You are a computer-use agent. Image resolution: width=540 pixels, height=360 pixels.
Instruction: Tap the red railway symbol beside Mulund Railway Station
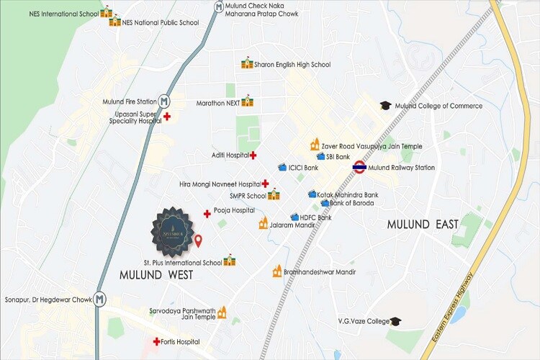(x=358, y=168)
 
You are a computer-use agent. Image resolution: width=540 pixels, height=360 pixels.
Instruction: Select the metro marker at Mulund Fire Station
(x=164, y=102)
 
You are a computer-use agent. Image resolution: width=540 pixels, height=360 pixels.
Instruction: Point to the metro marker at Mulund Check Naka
(x=219, y=7)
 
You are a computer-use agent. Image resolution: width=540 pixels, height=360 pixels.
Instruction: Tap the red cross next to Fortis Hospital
(x=156, y=341)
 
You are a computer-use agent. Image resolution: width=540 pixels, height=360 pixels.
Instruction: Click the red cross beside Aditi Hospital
(x=253, y=155)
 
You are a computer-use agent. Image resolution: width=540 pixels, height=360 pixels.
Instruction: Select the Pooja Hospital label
(x=234, y=210)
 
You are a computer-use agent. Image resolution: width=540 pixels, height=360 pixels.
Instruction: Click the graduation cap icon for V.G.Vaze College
(x=395, y=321)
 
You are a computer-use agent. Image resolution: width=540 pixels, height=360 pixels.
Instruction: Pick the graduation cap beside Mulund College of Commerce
(x=386, y=106)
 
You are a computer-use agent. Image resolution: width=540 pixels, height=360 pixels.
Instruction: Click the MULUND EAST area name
(x=423, y=225)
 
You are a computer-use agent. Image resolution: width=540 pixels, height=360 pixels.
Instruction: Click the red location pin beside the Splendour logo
(x=199, y=240)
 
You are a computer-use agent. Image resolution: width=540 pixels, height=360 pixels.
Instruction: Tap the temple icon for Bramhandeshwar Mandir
(x=277, y=271)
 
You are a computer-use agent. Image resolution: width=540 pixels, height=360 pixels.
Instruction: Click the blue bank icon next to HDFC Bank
(x=294, y=217)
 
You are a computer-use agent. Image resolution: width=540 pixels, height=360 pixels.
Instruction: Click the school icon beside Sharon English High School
(x=247, y=63)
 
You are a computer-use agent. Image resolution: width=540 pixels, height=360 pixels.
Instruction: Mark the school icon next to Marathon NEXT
(x=248, y=101)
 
